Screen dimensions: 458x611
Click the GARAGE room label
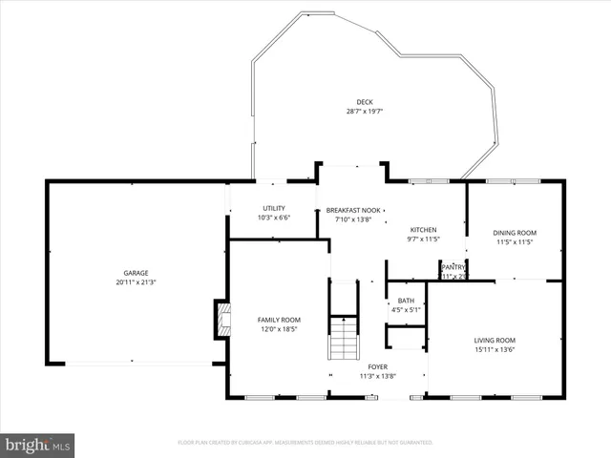click(x=136, y=273)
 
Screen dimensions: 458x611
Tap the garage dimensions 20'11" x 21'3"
click(x=136, y=282)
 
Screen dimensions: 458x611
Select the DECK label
click(x=365, y=102)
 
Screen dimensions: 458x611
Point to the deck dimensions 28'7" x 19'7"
click(x=365, y=112)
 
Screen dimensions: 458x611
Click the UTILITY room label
click(x=274, y=208)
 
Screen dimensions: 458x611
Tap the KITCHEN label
click(x=424, y=230)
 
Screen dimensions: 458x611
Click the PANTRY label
click(x=453, y=267)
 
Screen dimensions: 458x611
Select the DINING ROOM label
click(x=515, y=233)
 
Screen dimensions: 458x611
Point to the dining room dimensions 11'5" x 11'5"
click(x=515, y=242)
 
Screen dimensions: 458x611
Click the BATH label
click(x=406, y=300)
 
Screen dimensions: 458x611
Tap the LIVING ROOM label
click(x=495, y=340)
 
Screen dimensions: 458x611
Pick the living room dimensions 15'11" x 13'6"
click(x=495, y=349)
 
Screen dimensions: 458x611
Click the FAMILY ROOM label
click(x=279, y=320)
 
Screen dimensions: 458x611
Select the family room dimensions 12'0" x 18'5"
click(x=279, y=329)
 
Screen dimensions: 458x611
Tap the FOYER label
click(x=378, y=366)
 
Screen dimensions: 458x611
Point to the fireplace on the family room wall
click(x=221, y=319)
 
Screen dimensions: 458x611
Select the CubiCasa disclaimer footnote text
click(x=305, y=443)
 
